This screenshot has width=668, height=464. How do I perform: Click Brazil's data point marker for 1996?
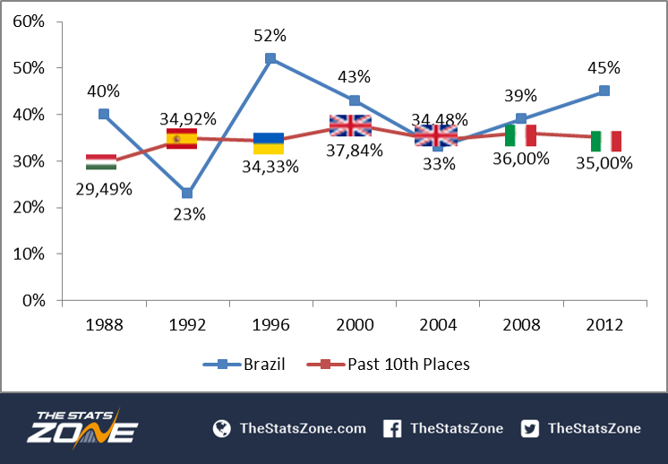point(270,58)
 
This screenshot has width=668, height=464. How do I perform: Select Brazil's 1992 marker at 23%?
point(187,193)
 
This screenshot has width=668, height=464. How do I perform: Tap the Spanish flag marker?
point(182,139)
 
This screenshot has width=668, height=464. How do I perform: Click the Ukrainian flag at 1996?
point(269,143)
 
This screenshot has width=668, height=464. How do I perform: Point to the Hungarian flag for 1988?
point(101,162)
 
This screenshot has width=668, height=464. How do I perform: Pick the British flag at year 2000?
point(351,125)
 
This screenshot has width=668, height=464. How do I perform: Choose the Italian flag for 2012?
point(606,141)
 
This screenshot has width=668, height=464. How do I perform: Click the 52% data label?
point(270,36)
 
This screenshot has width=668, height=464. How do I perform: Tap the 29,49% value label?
point(104,190)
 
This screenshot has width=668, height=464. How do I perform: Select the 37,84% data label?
point(355,150)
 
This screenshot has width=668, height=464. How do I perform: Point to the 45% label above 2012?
point(604,68)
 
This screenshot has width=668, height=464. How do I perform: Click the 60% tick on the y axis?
point(29,21)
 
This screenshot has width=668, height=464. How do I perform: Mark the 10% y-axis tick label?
point(29,253)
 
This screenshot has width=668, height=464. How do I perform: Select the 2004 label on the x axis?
point(438,325)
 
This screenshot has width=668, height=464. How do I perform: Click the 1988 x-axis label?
point(105,325)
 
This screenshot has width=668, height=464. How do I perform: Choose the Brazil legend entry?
point(244,365)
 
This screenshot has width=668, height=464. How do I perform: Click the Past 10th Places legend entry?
point(388,365)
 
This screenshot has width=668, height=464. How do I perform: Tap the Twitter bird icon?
point(529,429)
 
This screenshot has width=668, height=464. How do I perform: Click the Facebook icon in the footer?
point(392,429)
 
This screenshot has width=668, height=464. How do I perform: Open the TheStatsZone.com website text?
point(303,429)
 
